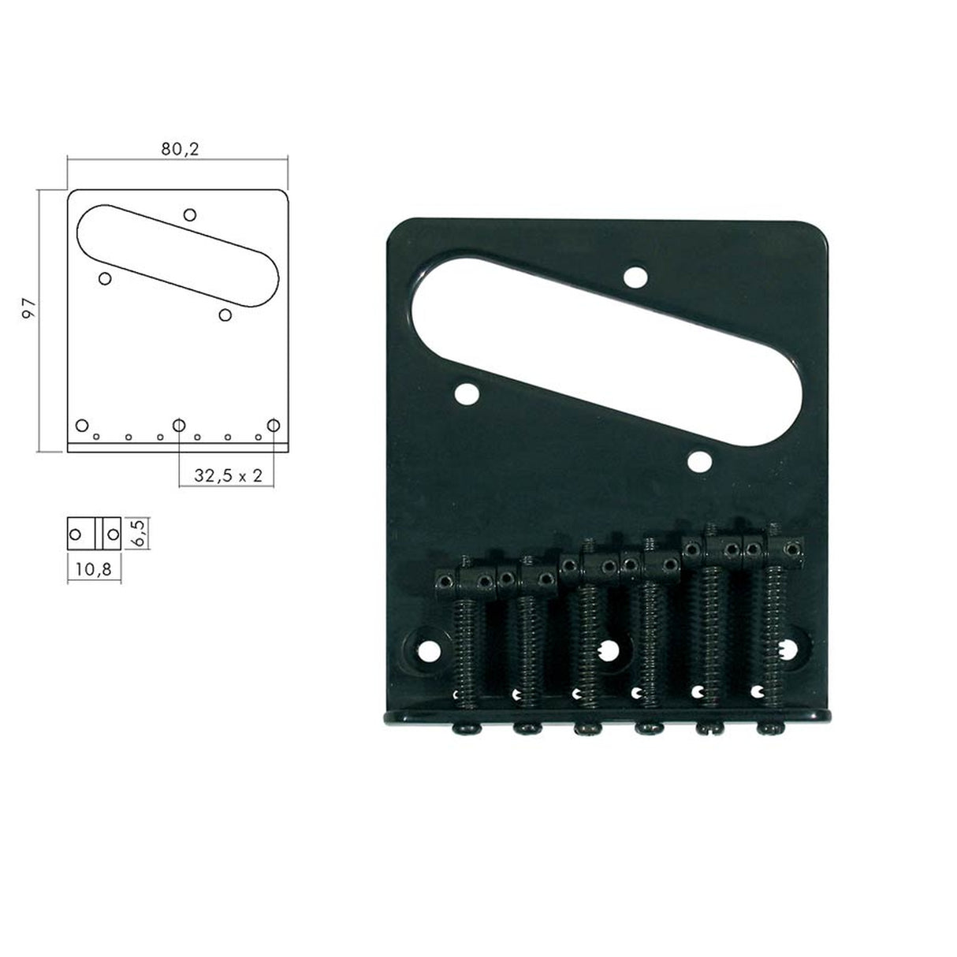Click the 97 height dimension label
[30, 308]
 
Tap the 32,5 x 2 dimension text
[229, 476]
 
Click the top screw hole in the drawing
[189, 214]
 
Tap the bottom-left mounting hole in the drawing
[81, 426]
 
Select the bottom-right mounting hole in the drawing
[274, 426]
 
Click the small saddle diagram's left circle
[76, 534]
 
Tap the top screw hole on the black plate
[634, 277]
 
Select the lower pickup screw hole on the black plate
[698, 460]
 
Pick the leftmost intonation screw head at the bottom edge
[462, 728]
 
